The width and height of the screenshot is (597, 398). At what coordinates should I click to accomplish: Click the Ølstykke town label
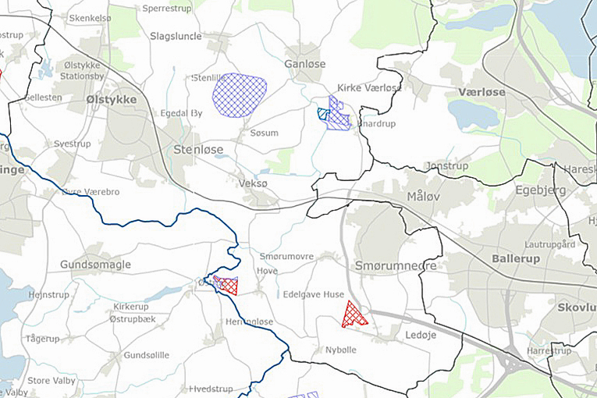112,99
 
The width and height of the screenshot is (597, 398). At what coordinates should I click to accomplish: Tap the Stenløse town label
198,149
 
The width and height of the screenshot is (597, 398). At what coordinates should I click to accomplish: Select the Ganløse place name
304,63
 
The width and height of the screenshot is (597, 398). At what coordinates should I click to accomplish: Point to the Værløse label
482,92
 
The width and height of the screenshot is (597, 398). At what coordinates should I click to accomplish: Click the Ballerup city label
516,258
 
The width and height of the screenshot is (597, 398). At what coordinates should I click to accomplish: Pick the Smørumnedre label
396,266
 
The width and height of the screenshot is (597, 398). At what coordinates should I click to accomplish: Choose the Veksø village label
253,183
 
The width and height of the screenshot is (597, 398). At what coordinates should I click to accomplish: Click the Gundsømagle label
96,265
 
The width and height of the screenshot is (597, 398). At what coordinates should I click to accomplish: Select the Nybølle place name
340,350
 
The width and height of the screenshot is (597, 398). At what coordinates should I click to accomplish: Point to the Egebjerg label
538,190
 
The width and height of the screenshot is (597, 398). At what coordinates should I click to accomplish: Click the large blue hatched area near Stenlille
239,95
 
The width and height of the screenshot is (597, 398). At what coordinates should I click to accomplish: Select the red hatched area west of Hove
227,285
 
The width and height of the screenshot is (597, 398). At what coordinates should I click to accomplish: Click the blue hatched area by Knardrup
338,115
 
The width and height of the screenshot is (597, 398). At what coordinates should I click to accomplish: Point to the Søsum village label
264,133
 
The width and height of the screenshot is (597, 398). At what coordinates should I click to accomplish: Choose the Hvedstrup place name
212,388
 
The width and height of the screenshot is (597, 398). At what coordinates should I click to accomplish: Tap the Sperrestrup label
167,8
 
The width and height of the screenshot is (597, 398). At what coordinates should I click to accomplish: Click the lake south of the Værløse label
472,115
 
